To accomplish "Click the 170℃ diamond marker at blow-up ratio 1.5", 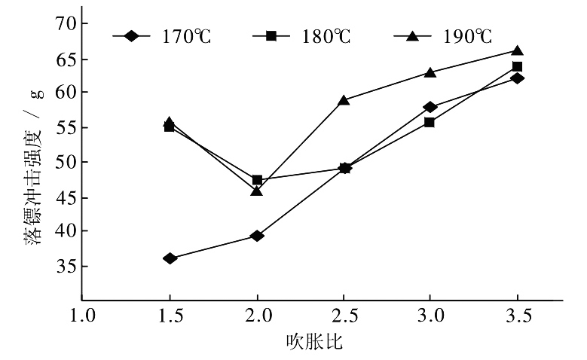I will [x=170, y=258].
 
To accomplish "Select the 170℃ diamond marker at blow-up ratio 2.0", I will [x=257, y=236].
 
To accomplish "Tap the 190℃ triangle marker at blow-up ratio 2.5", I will [x=344, y=99].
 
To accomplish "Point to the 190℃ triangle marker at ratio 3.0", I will [x=430, y=72].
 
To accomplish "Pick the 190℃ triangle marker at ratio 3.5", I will [x=517, y=50].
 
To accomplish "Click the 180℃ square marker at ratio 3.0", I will [x=430, y=122].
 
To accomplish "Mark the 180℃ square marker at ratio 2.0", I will [x=257, y=180].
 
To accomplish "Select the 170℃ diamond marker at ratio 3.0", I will [x=430, y=107].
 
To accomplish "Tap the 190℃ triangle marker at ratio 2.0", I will [x=257, y=191].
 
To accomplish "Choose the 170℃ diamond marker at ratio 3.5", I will [x=517, y=78].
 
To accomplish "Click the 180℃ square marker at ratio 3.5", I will [x=517, y=66].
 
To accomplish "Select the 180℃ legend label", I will [x=325, y=35].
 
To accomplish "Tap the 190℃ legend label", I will [x=466, y=35].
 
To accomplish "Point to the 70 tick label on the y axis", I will [x=66, y=23].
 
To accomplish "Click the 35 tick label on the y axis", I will [x=66, y=266].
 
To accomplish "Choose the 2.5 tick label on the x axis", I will [x=344, y=317].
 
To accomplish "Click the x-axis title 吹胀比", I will [x=315, y=343].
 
